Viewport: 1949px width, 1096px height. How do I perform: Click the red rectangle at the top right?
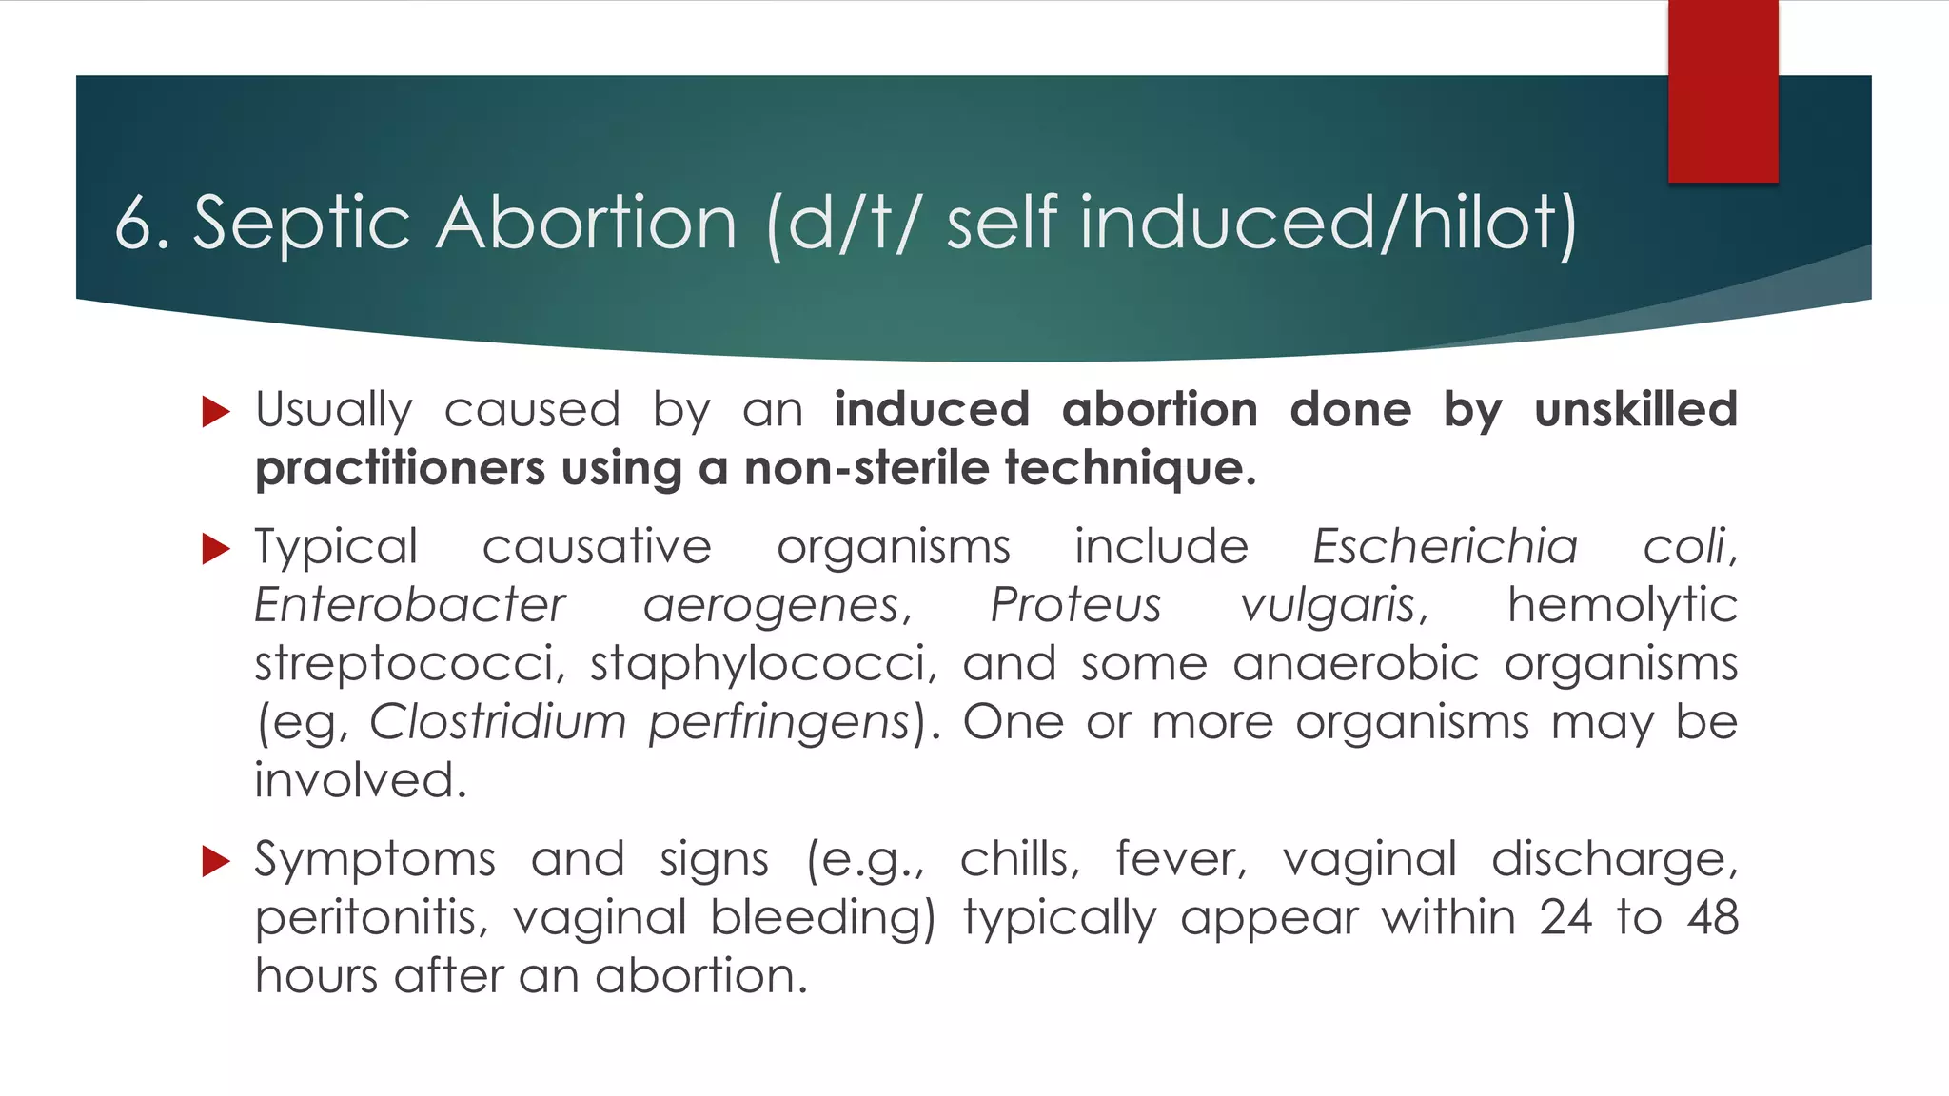[x=1723, y=91]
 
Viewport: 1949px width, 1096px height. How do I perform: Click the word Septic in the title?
[x=302, y=224]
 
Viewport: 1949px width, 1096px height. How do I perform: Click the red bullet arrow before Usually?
[x=217, y=412]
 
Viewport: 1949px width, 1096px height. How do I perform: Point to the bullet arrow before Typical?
[x=217, y=549]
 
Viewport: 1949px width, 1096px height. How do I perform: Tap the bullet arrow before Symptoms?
[x=217, y=862]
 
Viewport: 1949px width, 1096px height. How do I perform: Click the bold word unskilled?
[x=1636, y=410]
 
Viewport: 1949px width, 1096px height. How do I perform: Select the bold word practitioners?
[x=401, y=469]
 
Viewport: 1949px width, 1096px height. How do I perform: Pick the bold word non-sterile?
[x=867, y=469]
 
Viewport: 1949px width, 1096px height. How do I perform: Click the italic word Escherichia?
[x=1445, y=547]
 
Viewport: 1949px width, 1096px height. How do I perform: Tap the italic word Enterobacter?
[x=410, y=606]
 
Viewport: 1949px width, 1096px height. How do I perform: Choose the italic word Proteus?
[x=1075, y=606]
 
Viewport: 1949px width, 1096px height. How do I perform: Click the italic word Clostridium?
[x=498, y=722]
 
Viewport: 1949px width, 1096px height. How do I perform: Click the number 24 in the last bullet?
[x=1565, y=919]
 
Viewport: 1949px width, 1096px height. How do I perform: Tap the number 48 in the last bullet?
[x=1712, y=919]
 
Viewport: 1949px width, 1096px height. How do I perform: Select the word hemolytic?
[x=1623, y=606]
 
